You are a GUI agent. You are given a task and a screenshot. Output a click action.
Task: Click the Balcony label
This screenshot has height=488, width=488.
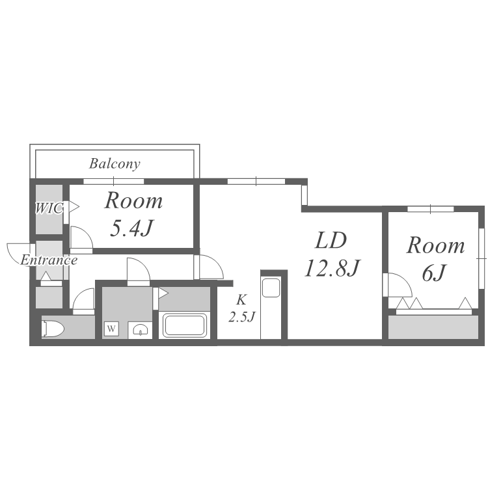coord(115,164)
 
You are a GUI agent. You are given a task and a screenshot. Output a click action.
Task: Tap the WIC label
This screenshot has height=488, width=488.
coord(49,208)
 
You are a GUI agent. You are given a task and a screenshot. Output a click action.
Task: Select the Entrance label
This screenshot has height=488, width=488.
coord(49,260)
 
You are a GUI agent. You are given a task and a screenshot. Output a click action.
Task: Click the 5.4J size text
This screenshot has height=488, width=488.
coord(131,228)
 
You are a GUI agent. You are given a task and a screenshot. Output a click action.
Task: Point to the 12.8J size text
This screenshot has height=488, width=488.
coord(332,268)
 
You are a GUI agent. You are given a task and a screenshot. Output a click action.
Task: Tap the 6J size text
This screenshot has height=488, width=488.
coord(434,273)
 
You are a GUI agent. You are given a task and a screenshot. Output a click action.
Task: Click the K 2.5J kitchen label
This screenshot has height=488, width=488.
coord(242,308)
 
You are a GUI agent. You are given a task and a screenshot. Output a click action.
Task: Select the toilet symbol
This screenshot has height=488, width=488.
coord(53,329)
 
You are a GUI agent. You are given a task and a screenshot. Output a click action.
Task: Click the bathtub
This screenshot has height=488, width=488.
coord(185,325)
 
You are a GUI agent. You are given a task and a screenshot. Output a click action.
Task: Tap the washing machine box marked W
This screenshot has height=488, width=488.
coord(111,329)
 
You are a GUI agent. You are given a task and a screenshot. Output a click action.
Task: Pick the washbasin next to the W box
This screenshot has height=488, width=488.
coord(140,330)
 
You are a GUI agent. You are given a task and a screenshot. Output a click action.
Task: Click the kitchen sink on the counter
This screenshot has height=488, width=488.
coord(271,288)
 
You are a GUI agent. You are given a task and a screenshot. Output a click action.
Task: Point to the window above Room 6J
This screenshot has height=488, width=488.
coord(431,209)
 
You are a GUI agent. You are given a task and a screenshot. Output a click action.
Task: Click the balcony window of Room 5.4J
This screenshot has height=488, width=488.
coord(114,182)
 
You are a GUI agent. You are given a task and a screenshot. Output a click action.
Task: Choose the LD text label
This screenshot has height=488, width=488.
coord(331,241)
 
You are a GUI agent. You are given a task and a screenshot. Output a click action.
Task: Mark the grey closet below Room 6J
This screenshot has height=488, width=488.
coord(433,327)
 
